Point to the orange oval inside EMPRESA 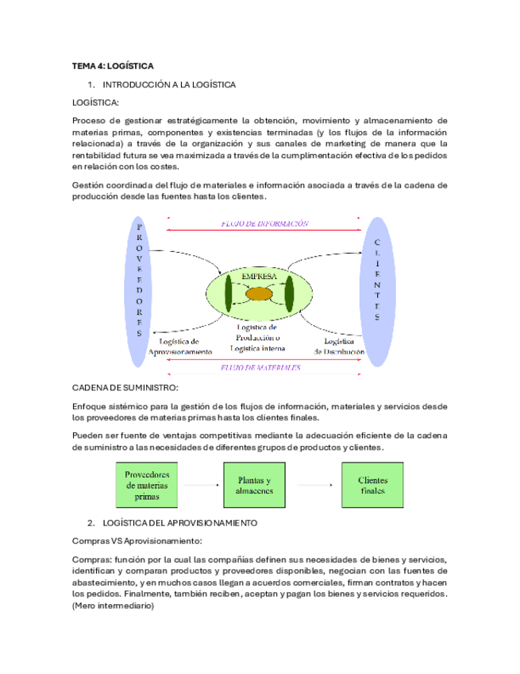coord(259,294)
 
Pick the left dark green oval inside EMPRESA coord(229,292)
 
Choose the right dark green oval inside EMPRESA coord(289,292)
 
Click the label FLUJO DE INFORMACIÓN coord(264,225)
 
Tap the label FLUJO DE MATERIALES coord(261,368)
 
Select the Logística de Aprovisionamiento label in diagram coord(180,347)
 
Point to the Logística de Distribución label coord(339,346)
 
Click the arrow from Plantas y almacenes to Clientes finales coord(315,486)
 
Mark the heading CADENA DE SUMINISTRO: coord(125,387)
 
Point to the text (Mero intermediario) coord(113,606)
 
